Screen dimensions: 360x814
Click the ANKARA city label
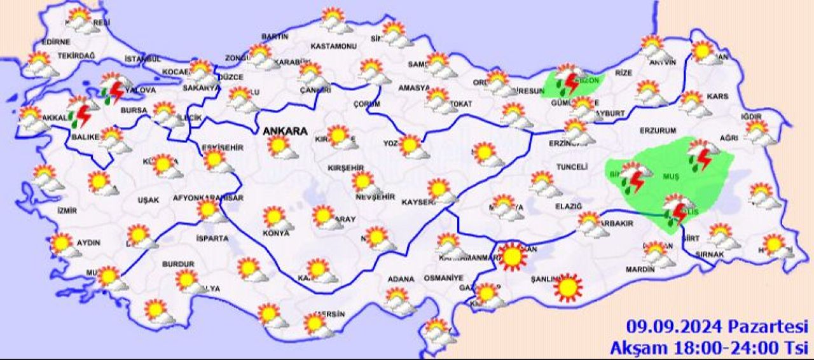(x=286, y=132)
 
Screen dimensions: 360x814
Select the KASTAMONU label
(x=333, y=46)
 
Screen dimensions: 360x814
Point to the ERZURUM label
(x=658, y=130)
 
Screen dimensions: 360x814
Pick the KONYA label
(x=276, y=233)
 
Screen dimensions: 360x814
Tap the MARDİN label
(x=640, y=270)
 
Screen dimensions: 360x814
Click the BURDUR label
(x=178, y=263)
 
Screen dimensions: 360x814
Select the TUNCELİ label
(x=571, y=166)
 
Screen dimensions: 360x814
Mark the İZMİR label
(x=67, y=211)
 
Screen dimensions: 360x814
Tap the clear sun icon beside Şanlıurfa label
(x=567, y=287)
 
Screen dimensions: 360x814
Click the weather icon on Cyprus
(x=436, y=330)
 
